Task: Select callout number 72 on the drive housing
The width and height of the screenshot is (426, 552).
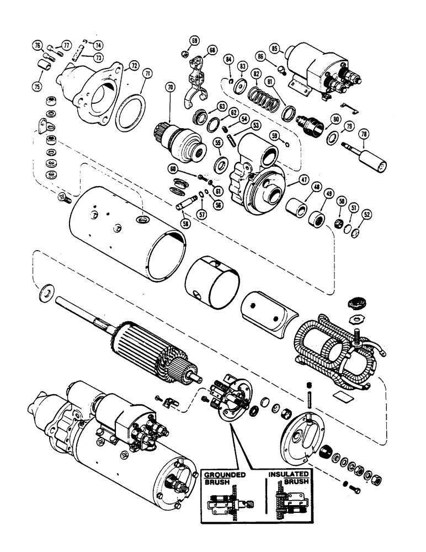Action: pos(133,66)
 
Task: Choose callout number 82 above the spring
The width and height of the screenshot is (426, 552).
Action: pos(255,74)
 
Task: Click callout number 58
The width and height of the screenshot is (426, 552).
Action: pos(183,222)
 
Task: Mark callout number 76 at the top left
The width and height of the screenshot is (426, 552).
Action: pos(38,46)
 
